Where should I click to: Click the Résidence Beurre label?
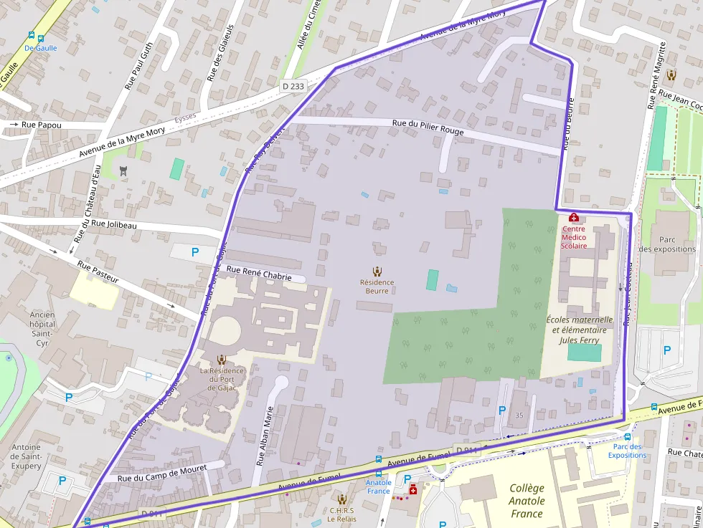(x=377, y=287)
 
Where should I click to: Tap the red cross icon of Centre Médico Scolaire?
(x=573, y=217)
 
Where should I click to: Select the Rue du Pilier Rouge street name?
(x=428, y=128)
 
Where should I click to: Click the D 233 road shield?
(x=293, y=86)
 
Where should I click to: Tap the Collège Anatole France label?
(x=527, y=501)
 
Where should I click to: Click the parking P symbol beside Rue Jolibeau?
(x=194, y=252)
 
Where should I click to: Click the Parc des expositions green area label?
(x=667, y=244)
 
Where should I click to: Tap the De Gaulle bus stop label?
(x=40, y=48)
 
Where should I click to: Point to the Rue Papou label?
(x=42, y=125)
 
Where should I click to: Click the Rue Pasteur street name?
(x=98, y=273)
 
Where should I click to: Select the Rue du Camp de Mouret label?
(x=162, y=473)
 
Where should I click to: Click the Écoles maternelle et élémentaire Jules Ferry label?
(x=580, y=330)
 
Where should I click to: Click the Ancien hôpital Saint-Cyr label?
(x=42, y=328)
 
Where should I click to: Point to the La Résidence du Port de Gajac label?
(x=222, y=379)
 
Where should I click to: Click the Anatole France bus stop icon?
(x=379, y=460)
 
